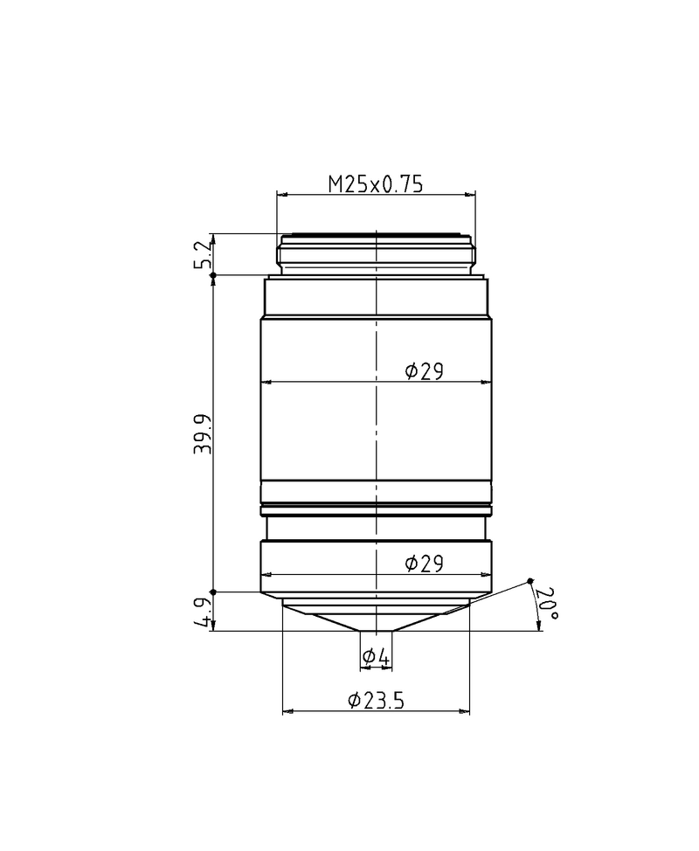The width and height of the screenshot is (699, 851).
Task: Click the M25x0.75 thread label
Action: coord(375,183)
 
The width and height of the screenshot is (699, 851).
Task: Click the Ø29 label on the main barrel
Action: coord(425,372)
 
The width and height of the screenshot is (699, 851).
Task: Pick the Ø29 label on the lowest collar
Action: coord(425,564)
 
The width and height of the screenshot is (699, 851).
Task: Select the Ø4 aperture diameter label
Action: coord(375,655)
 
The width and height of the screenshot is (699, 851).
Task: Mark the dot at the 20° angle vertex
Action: coord(530,581)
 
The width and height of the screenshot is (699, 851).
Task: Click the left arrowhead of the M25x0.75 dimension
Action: coord(280,194)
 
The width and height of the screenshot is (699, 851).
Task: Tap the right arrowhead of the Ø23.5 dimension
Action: coord(466,711)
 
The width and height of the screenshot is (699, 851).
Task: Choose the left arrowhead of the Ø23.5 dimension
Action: coord(287,711)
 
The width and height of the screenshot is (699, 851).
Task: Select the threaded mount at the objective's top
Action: coord(376,252)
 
